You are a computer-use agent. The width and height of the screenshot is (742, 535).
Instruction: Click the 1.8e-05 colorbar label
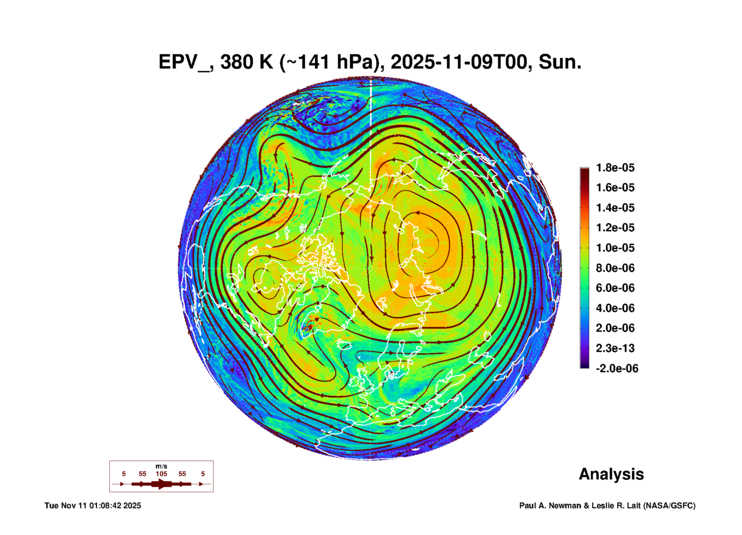615,168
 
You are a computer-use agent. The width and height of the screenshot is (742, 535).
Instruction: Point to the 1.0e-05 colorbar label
615,248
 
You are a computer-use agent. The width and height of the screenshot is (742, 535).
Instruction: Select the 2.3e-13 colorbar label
615,348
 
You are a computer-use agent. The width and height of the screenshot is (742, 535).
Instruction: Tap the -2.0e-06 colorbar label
617,368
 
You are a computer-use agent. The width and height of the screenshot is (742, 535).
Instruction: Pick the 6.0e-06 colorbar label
615,288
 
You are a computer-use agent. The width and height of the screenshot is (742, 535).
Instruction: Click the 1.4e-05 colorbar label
615,208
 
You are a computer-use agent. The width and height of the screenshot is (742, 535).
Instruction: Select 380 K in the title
246,62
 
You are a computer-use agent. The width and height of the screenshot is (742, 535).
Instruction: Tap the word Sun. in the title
560,62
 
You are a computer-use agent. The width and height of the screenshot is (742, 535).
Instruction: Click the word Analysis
611,474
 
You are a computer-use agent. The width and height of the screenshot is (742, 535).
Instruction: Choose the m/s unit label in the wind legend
161,466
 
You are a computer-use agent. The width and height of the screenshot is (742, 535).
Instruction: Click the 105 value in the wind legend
161,474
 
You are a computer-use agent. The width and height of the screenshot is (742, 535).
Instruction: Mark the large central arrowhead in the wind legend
162,484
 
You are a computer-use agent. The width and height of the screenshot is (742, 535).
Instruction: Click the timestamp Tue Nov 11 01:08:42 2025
93,506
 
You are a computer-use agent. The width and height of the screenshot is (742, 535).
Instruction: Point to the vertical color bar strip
584,268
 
